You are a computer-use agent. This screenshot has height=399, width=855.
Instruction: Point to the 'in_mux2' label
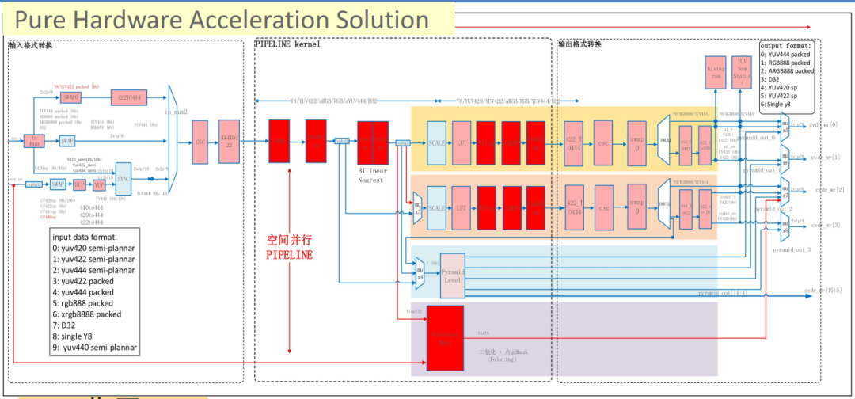[176, 112]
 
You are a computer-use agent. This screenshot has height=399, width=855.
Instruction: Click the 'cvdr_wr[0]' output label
[827, 125]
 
